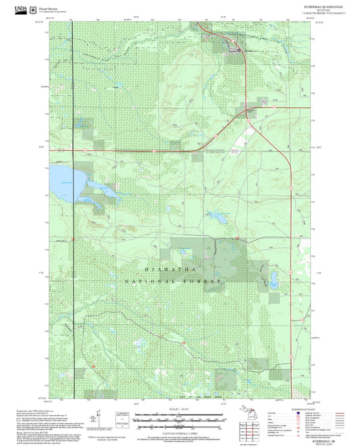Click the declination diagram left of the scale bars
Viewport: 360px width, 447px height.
121,419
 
